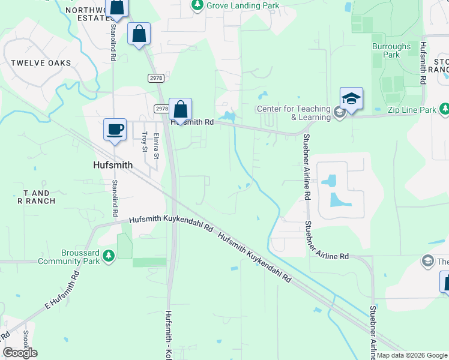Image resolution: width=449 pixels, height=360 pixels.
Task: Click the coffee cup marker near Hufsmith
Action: (115, 130)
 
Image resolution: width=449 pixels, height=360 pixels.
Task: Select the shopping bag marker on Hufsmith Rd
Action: (180, 110)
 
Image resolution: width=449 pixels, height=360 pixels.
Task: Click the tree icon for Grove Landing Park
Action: (197, 5)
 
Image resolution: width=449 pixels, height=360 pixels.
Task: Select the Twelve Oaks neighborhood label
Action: (40, 63)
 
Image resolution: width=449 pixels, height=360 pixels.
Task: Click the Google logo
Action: (20, 353)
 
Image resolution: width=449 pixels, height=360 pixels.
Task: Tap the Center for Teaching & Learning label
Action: (294, 113)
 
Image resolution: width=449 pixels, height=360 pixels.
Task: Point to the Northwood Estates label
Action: (85, 14)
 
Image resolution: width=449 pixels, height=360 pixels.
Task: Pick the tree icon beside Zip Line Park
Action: (444, 109)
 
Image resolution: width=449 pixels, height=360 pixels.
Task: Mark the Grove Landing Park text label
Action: (243, 5)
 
